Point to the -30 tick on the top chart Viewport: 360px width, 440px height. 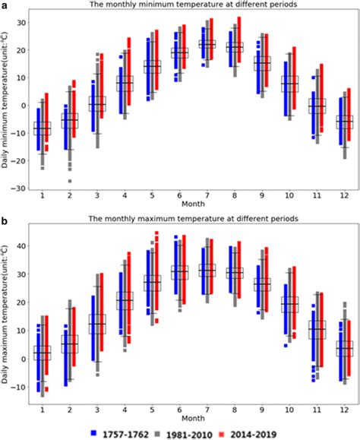click(22, 188)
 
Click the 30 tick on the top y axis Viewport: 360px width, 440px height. click(24, 22)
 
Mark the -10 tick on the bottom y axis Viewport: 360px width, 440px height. click(22, 388)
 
